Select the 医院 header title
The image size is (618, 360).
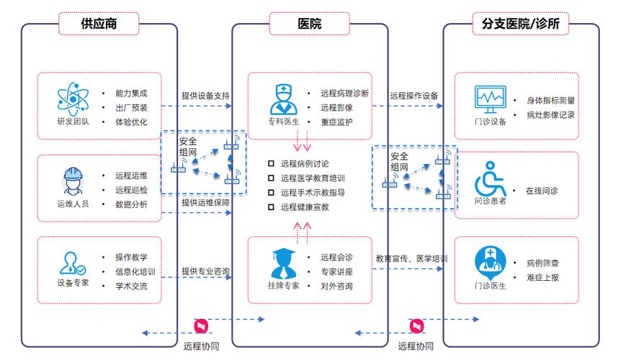[x=310, y=24]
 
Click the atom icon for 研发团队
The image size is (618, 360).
[x=72, y=98]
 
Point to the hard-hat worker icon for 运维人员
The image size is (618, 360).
[x=72, y=180]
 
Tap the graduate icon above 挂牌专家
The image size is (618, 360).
[x=283, y=262]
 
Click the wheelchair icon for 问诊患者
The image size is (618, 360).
[x=491, y=178]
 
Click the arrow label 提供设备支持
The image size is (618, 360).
[x=205, y=95]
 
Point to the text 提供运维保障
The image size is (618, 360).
[x=205, y=203]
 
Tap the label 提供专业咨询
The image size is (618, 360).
[x=205, y=271]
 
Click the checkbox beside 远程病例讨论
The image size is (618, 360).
[x=271, y=163]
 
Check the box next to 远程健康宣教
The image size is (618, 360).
[x=271, y=207]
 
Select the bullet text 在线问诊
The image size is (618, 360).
[x=542, y=191]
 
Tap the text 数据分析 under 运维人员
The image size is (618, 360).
[x=131, y=204]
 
